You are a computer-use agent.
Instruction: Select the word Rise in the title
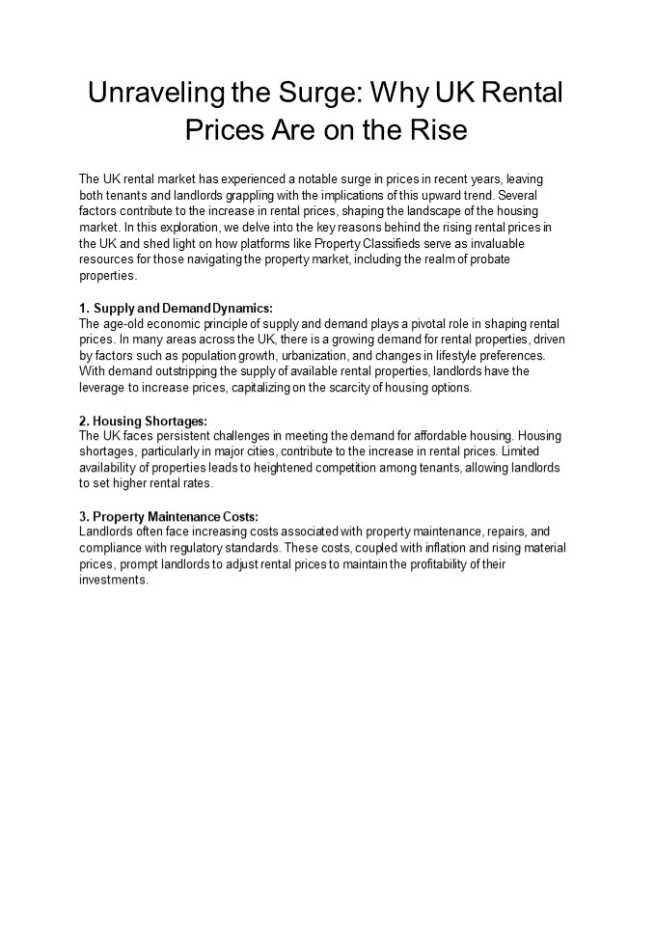click(440, 128)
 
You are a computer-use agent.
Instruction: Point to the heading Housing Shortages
click(143, 421)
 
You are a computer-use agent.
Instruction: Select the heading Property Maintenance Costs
click(168, 516)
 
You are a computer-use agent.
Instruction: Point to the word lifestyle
click(439, 355)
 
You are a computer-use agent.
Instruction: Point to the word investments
click(113, 580)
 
